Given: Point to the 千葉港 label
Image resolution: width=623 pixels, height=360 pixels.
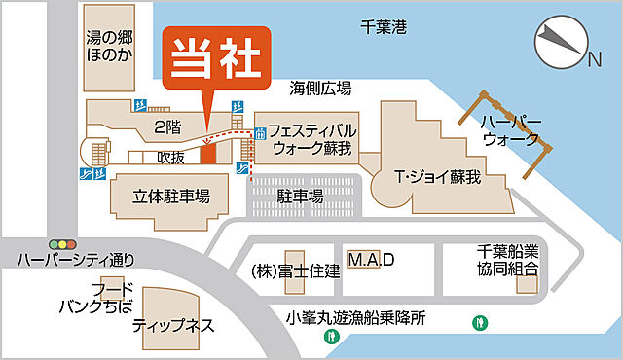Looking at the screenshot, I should (383, 27).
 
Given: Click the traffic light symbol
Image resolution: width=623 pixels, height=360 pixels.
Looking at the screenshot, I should (62, 242).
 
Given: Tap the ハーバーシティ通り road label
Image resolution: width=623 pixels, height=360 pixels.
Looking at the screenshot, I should (74, 259).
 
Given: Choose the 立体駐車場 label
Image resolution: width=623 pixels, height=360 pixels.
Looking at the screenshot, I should (171, 195).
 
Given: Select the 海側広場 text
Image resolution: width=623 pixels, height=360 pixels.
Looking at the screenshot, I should (320, 88).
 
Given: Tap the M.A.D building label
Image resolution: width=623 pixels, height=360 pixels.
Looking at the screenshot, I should (371, 260).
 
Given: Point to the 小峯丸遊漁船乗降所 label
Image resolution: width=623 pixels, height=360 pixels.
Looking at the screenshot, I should (356, 317).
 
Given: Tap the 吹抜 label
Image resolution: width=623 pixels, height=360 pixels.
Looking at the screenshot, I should (170, 156).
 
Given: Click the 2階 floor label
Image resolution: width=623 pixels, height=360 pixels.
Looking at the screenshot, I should (166, 126).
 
